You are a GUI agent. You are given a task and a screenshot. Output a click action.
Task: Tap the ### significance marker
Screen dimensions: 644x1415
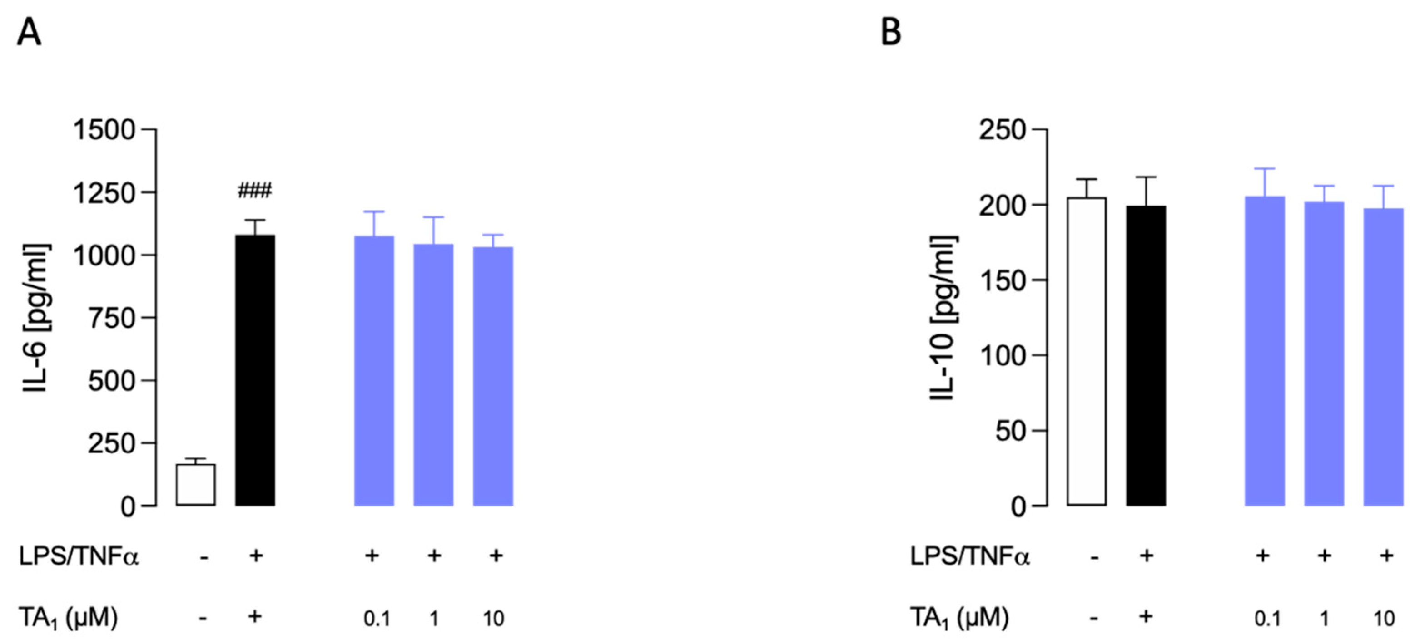click(x=254, y=191)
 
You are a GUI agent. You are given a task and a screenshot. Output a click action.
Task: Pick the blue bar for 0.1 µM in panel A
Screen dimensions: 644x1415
click(x=374, y=371)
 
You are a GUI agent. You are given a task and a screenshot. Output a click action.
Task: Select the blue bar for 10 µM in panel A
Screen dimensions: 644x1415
click(x=493, y=376)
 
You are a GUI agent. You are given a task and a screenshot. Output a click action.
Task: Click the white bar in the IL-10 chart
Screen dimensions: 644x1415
click(x=1087, y=351)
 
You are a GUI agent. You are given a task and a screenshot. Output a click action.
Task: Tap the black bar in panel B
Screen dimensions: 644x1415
click(x=1146, y=355)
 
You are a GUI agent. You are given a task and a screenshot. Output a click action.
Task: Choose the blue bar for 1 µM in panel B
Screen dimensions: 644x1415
click(x=1324, y=354)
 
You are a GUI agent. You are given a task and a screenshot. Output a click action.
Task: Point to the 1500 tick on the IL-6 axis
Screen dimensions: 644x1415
click(x=104, y=130)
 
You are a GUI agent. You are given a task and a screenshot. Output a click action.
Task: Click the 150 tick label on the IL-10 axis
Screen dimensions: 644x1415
click(x=1002, y=280)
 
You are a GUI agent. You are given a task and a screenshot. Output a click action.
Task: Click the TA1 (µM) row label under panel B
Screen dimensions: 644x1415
click(x=959, y=618)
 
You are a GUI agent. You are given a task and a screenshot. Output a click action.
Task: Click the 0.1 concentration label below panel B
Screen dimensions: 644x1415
click(x=1267, y=619)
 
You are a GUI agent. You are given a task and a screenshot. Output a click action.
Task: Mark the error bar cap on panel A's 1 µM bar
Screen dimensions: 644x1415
click(x=433, y=217)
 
